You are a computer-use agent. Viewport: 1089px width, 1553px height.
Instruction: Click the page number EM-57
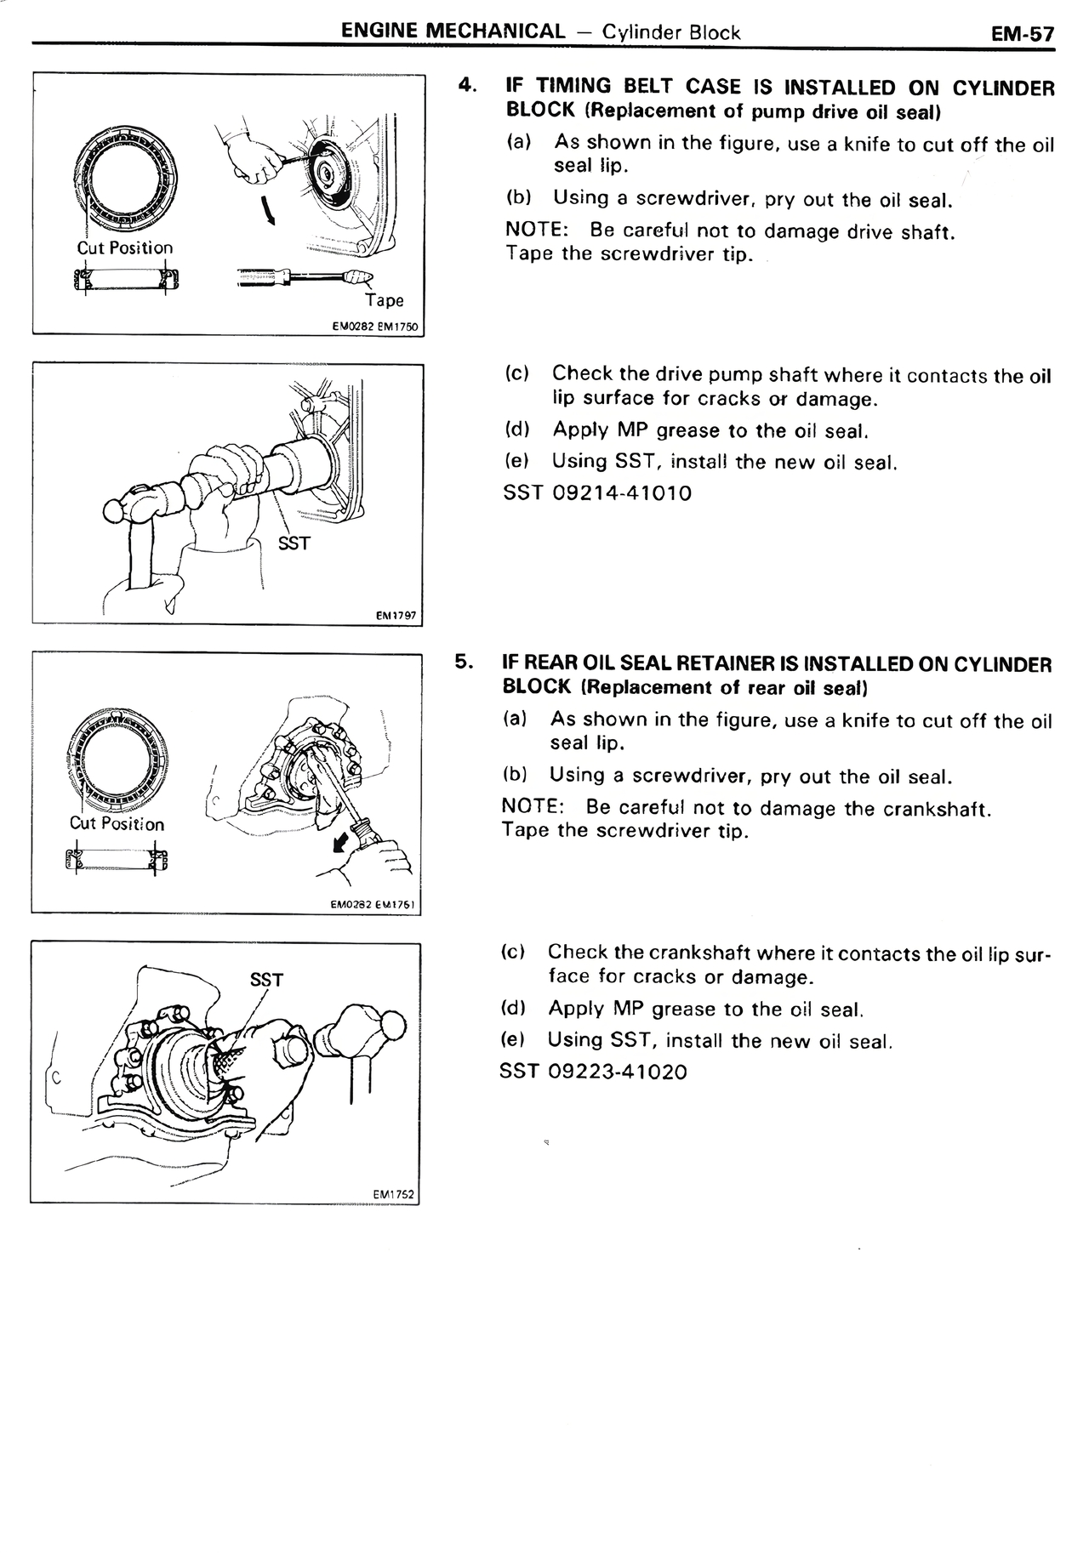click(1022, 34)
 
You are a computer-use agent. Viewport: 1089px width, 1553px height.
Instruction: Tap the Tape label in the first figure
click(385, 300)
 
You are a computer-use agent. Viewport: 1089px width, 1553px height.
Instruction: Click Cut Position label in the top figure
click(124, 247)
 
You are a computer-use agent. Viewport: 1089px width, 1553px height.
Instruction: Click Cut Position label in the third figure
click(117, 823)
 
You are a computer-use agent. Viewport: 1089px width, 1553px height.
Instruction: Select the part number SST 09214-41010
click(597, 493)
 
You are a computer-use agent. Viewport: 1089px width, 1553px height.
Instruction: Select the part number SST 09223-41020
click(593, 1072)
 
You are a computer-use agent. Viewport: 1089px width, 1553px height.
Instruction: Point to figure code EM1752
click(393, 1194)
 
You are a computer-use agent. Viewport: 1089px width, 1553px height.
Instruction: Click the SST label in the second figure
click(294, 543)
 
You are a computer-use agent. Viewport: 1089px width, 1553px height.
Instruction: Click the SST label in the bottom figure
click(266, 980)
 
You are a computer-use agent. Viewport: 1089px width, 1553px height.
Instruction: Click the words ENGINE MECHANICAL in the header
click(452, 32)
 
